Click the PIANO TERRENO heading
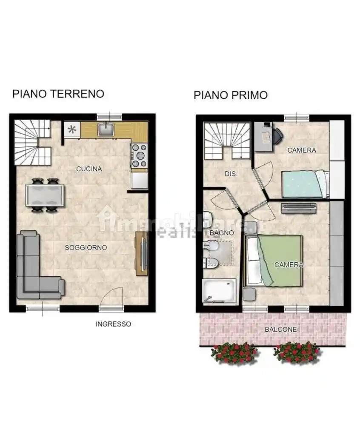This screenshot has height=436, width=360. (58, 94)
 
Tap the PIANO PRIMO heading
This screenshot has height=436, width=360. (231, 95)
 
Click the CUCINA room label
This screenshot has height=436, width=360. (89, 169)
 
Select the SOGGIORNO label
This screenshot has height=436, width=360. (86, 247)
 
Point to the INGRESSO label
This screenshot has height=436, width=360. (113, 324)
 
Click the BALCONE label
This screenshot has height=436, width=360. (280, 330)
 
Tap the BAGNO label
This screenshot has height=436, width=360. (222, 233)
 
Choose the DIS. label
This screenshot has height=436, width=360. (231, 174)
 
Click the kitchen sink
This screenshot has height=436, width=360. (105, 129)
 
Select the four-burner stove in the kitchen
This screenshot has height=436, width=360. (139, 155)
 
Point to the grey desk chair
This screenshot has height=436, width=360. (277, 135)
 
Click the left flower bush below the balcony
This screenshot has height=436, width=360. (234, 353)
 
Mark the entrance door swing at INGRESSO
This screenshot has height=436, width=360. (113, 297)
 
